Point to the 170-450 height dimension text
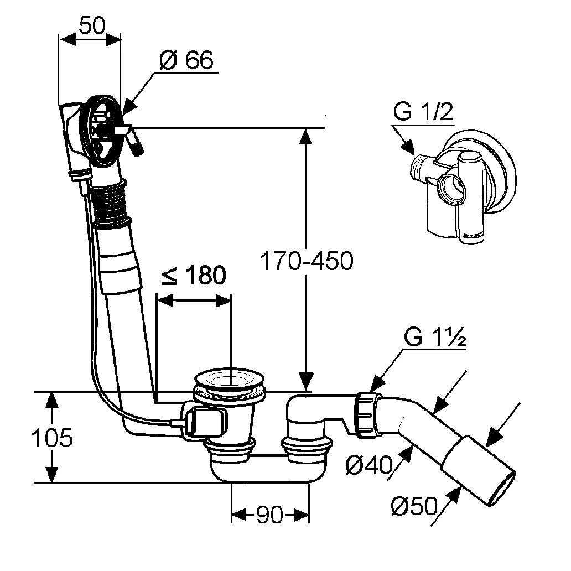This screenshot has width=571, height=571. coord(306,261)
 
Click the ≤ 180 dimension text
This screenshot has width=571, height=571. coord(194,275)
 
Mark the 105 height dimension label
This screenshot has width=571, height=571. coord(51,438)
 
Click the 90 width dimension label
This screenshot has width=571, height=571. coord(269,516)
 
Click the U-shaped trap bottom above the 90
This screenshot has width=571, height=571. coord(268,474)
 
